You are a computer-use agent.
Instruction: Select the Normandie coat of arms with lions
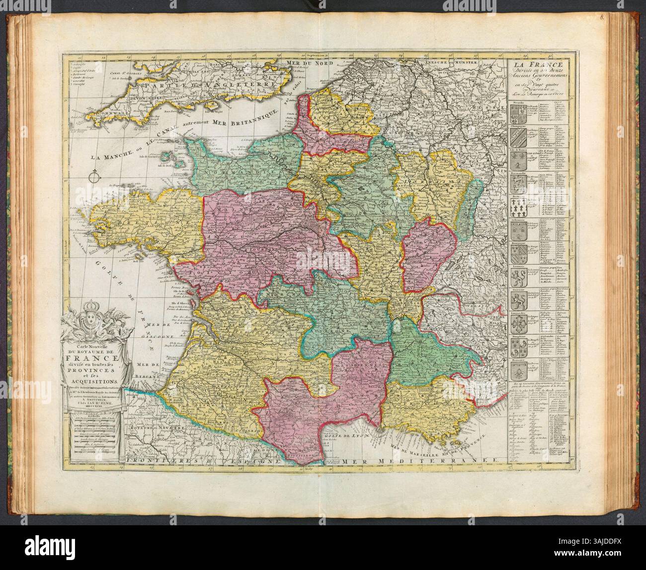[x=517, y=184]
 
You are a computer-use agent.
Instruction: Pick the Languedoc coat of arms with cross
[x=517, y=324]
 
